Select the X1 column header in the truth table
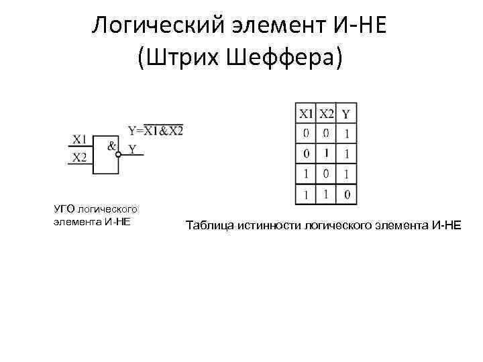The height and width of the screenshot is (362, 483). [306, 113]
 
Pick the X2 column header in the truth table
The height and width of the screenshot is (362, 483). [326, 113]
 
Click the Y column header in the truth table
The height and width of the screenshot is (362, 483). [345, 113]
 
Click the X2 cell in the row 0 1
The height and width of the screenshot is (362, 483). [326, 154]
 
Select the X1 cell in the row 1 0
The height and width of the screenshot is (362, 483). [306, 175]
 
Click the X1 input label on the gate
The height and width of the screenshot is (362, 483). [79, 139]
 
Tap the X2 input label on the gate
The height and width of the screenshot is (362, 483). [79, 158]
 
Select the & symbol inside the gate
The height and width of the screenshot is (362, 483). [111, 144]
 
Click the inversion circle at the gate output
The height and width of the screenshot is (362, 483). [119, 155]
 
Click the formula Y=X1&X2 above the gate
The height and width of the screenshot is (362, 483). [155, 130]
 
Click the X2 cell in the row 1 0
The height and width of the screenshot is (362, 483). [326, 175]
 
